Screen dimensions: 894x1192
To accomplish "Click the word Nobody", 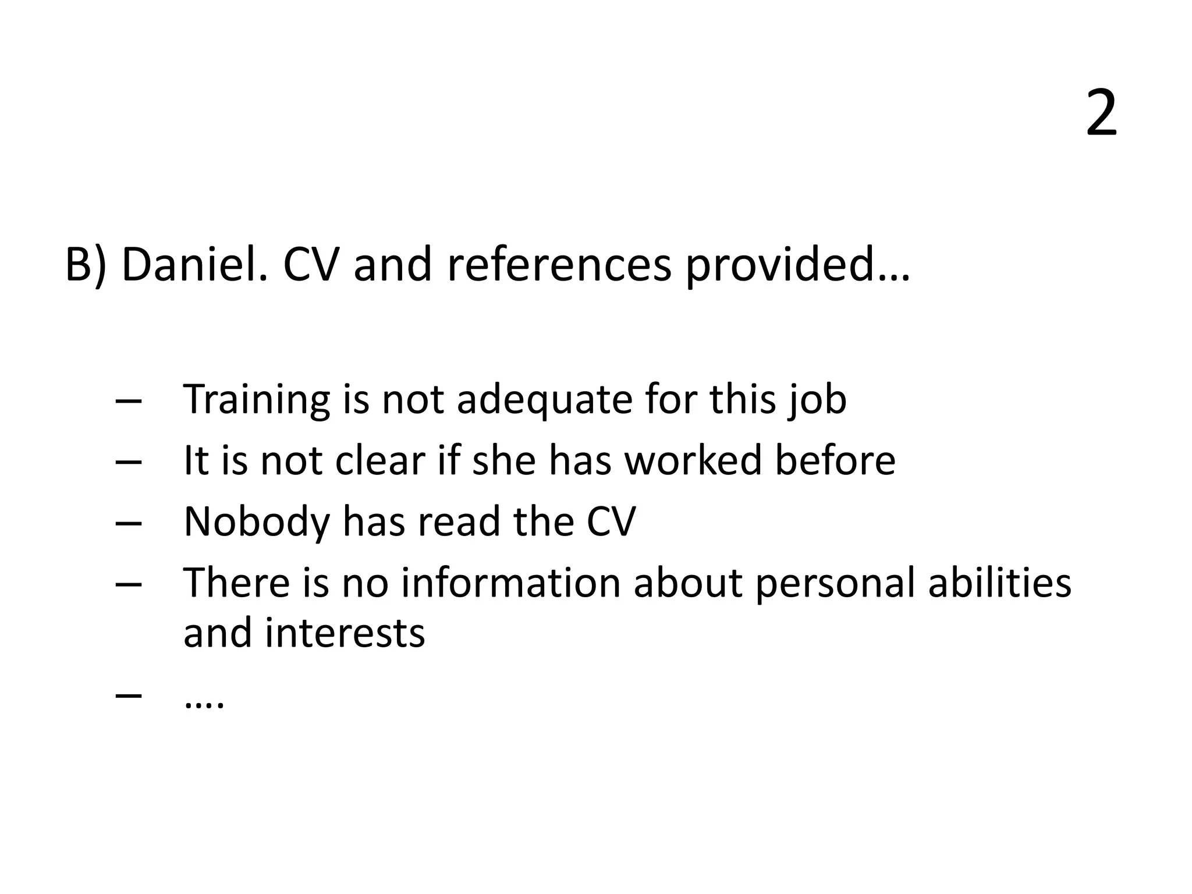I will point(257,521).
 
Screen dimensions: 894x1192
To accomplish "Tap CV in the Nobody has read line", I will point(611,521).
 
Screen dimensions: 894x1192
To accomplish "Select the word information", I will point(510,583).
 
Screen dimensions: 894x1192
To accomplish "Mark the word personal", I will point(835,584).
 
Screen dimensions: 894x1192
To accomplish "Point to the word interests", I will point(345,633).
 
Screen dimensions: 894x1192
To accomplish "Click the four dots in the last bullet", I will point(204,704).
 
